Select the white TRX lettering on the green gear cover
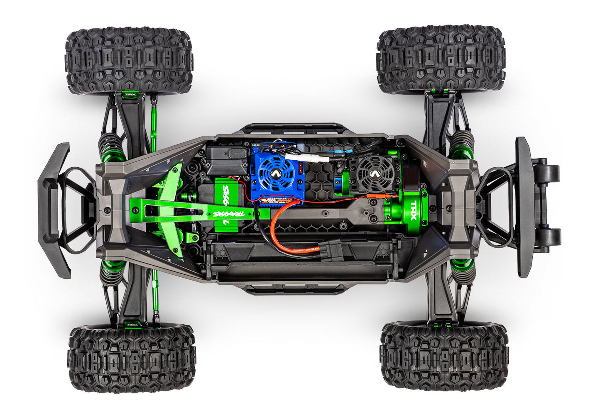(413, 206)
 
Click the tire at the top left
(129, 60)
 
